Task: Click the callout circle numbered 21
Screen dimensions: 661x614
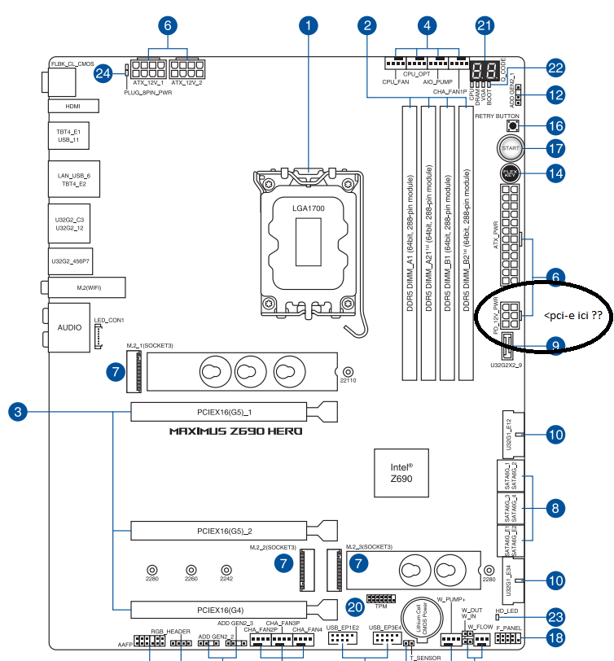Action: [485, 25]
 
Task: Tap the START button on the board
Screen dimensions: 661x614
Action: [511, 149]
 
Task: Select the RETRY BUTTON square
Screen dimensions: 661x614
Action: [513, 125]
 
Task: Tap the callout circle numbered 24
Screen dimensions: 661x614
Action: [103, 73]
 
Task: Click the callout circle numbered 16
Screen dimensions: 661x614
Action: [555, 125]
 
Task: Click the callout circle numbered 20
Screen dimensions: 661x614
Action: [354, 606]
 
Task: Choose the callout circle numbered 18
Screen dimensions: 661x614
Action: [555, 639]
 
